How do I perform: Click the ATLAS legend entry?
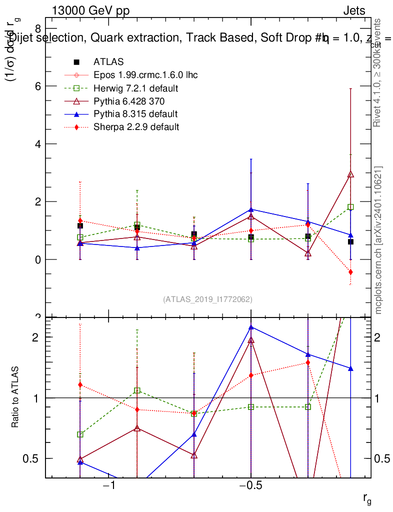click(x=108, y=62)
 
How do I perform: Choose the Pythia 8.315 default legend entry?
click(x=135, y=114)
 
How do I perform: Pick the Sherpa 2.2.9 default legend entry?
click(x=136, y=127)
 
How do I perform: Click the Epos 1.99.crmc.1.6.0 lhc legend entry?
click(x=145, y=75)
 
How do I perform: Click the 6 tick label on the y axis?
click(x=37, y=86)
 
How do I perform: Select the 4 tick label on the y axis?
click(x=37, y=144)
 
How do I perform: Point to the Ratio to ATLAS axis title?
click(x=16, y=398)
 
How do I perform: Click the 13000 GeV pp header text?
click(x=90, y=11)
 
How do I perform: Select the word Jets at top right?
click(x=353, y=11)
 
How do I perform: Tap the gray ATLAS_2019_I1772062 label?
click(x=207, y=299)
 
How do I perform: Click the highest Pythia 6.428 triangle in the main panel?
click(x=350, y=174)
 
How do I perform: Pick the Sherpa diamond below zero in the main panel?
click(x=350, y=272)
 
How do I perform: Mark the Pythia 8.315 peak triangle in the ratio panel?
click(x=251, y=327)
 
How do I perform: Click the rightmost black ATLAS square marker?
click(x=350, y=241)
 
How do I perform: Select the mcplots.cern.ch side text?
click(x=378, y=240)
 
